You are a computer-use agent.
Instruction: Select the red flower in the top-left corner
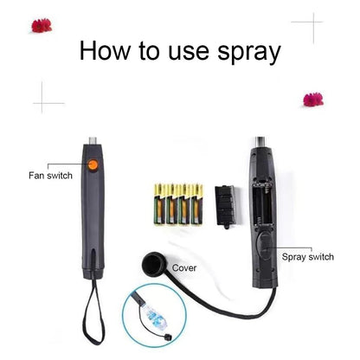(41, 26)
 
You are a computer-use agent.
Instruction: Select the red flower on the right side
(312, 99)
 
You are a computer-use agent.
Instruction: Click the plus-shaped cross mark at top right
(306, 29)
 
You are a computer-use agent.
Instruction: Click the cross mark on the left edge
(48, 97)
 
